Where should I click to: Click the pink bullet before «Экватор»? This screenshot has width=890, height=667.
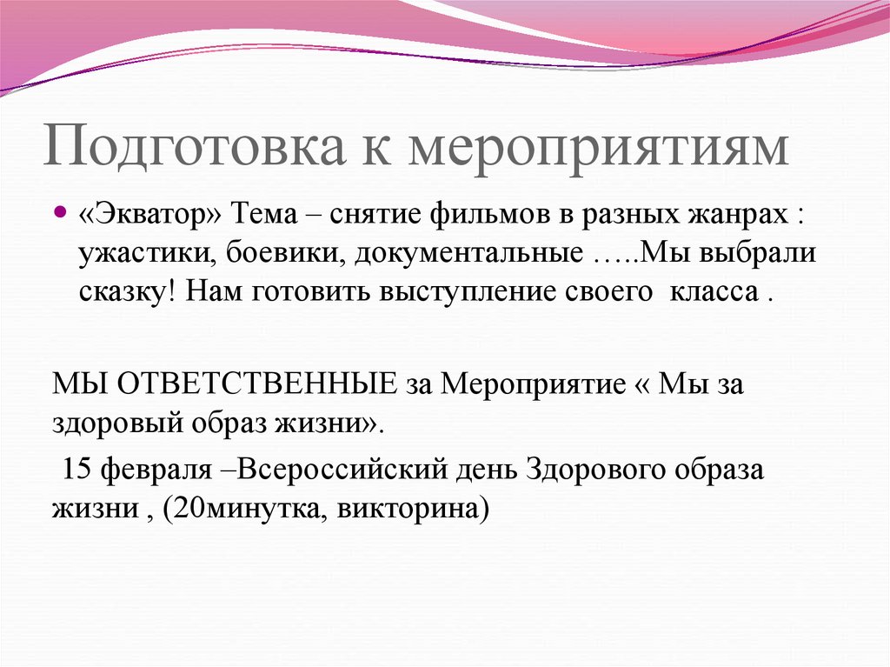(x=60, y=211)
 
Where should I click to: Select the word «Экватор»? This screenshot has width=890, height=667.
(x=153, y=214)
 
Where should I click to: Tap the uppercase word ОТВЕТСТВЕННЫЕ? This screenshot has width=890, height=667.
(x=262, y=384)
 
